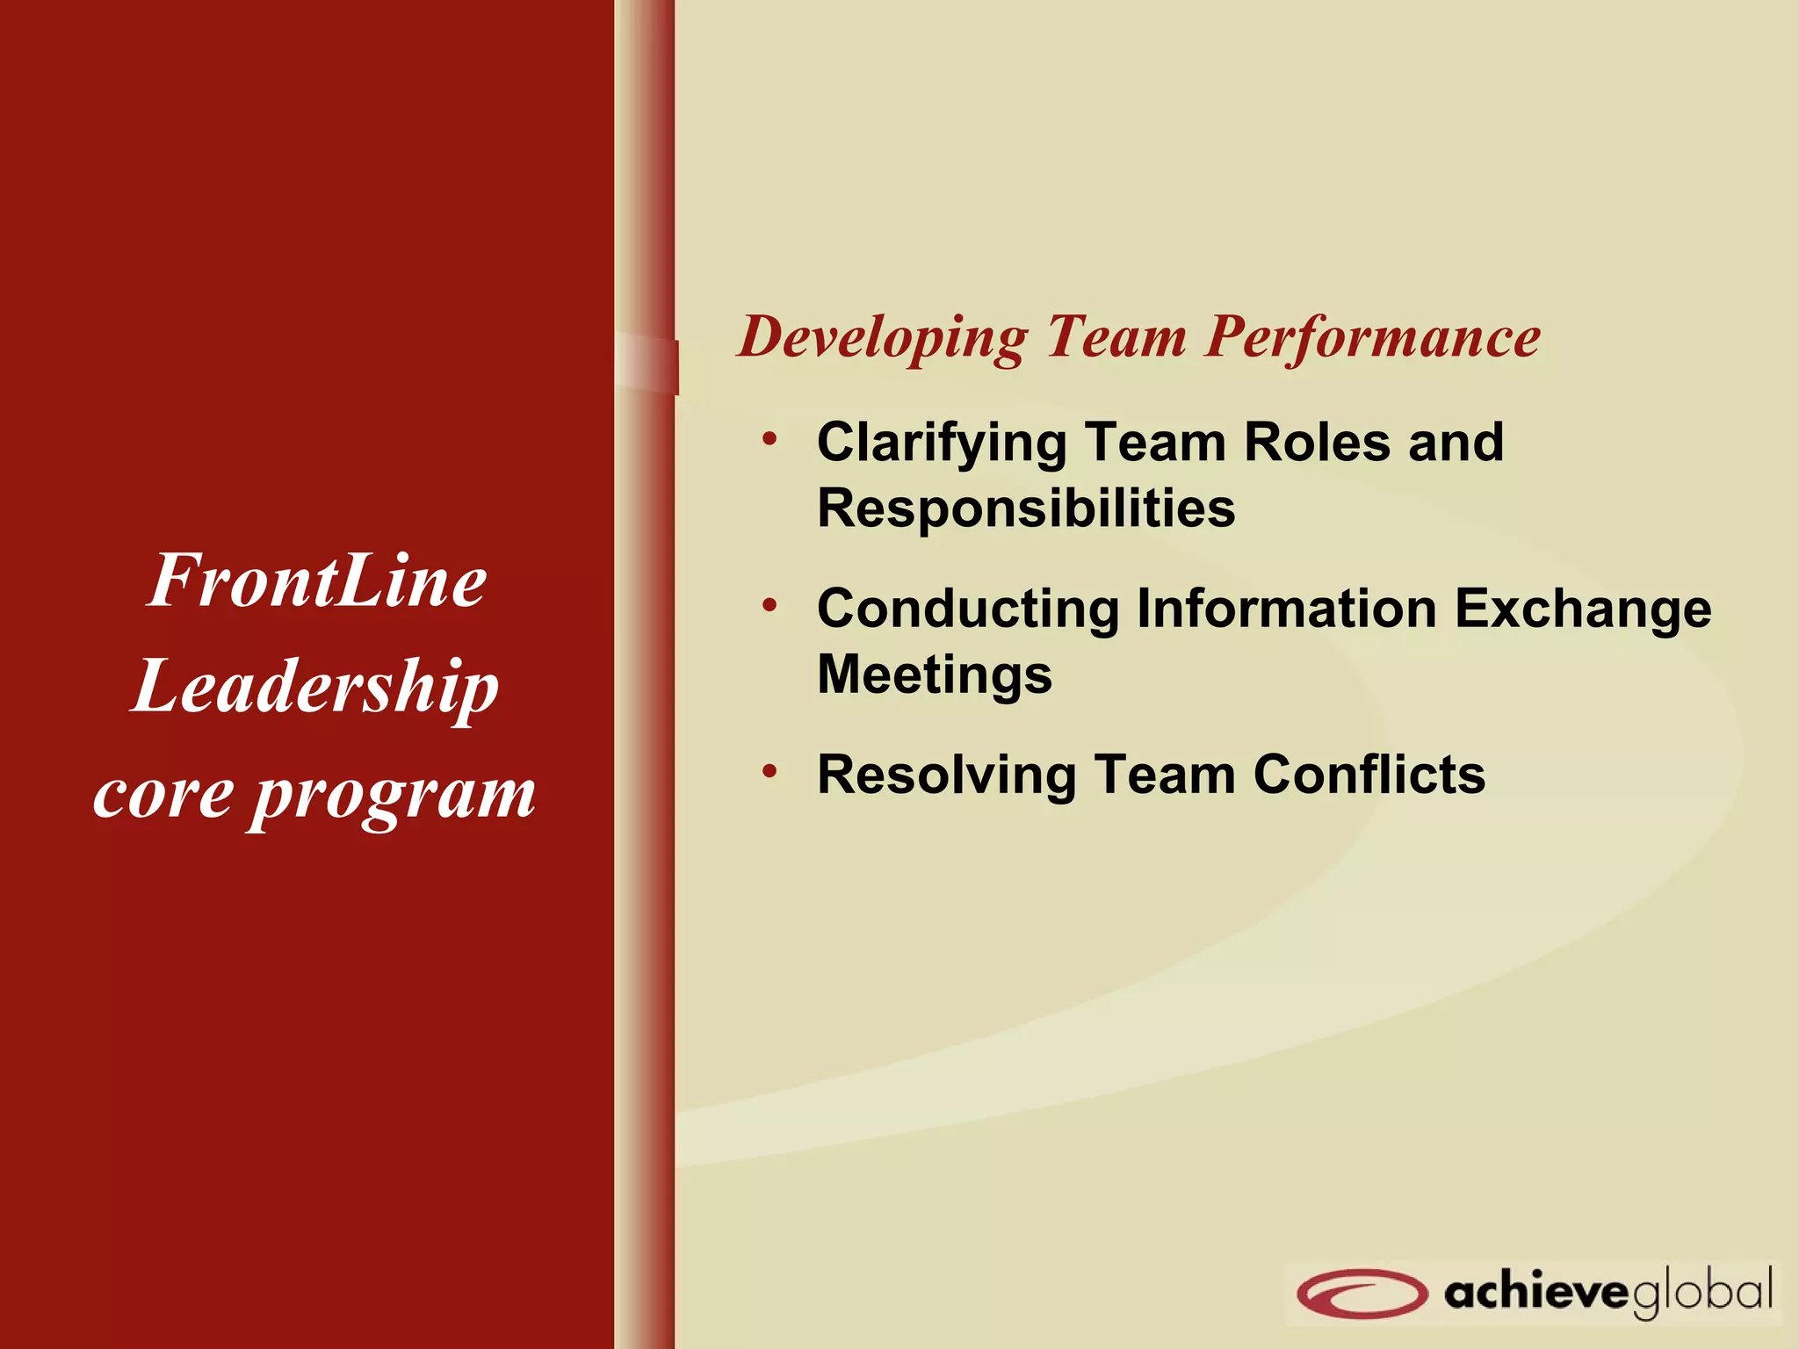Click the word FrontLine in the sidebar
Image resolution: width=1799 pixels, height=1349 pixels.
(316, 581)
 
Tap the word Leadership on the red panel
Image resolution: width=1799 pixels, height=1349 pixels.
(316, 688)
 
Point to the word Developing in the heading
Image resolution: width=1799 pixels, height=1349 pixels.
(882, 337)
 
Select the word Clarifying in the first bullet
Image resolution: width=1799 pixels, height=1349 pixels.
(941, 443)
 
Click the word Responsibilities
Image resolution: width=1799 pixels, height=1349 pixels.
(1026, 508)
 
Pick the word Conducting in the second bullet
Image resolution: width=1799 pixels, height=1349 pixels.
(968, 609)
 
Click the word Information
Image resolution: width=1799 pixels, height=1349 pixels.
(1287, 608)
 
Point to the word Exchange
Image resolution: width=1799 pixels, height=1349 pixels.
(1583, 609)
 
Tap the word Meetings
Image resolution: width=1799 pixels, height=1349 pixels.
(935, 674)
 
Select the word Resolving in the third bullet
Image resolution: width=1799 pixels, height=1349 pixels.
(946, 775)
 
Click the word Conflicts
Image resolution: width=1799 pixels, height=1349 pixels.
(1369, 775)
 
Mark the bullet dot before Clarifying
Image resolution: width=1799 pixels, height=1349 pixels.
(769, 437)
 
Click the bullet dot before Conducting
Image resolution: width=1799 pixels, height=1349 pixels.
(769, 604)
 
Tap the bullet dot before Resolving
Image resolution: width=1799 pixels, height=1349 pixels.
(769, 771)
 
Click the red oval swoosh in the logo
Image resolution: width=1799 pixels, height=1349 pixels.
(1361, 1293)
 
